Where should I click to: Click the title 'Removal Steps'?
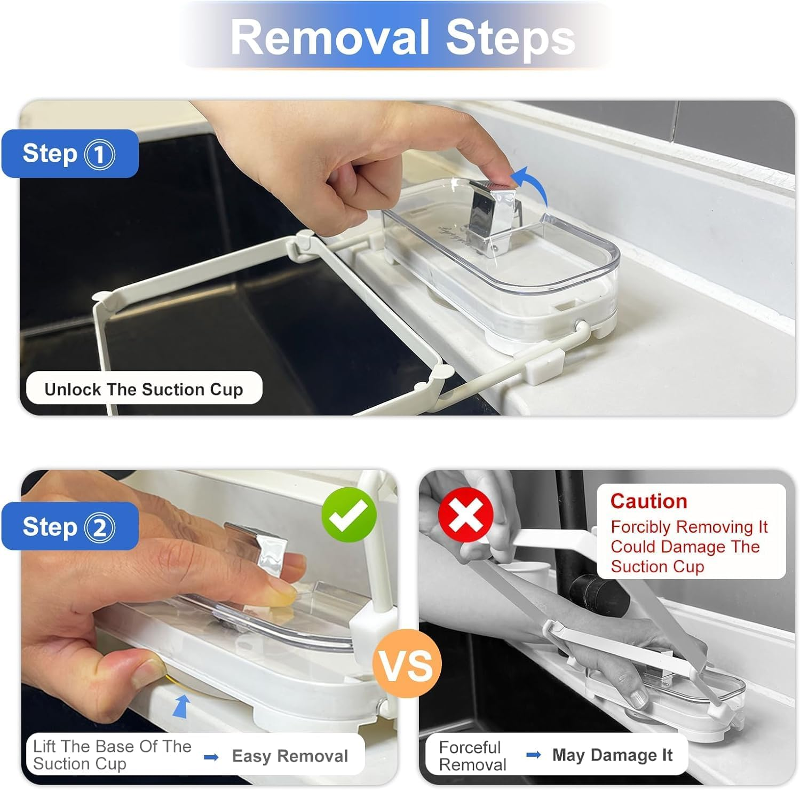(403, 37)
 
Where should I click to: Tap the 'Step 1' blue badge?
(69, 154)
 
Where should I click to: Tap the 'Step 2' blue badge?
(69, 527)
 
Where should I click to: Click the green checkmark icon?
(349, 515)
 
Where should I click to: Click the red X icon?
(465, 515)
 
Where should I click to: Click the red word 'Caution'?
(648, 501)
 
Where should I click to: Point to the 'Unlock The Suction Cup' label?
(144, 389)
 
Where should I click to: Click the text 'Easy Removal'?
(290, 756)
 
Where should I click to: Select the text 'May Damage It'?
(612, 755)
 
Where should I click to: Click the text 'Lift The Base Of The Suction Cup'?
(112, 755)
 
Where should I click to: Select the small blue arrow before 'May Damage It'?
(533, 755)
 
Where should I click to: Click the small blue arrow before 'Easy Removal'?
(211, 757)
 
